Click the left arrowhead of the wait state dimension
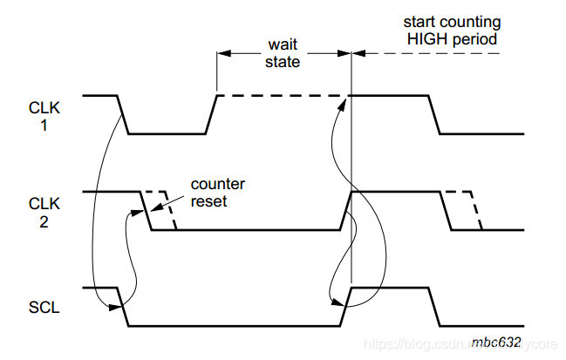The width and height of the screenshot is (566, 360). coord(222,54)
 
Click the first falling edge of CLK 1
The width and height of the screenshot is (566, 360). coord(123,114)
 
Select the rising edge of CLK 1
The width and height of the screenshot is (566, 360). coord(210,114)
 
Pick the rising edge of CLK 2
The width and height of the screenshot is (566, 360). coord(345,210)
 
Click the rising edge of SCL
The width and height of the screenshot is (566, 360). coord(345,306)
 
